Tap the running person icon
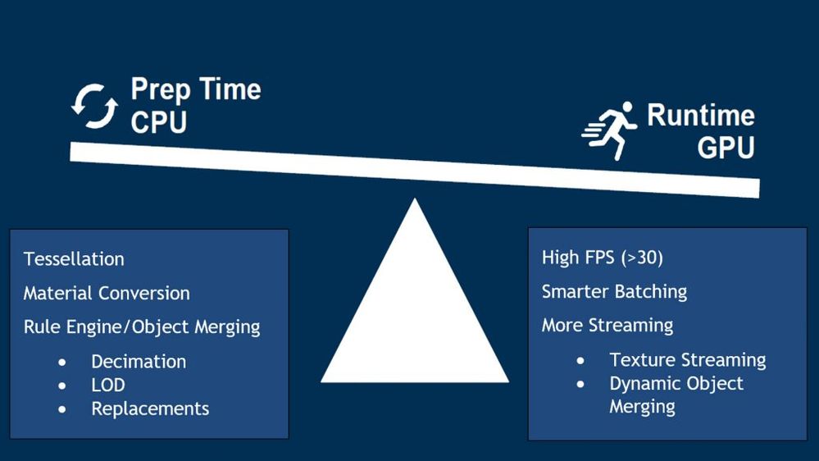610,130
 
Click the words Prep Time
196,89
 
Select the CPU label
159,122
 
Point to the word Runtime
701,115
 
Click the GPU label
726,147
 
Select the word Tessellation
74,259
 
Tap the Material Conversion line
107,293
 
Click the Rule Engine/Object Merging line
142,327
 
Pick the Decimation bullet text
139,362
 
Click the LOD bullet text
108,386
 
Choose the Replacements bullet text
150,409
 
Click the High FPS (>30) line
603,258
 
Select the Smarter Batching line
614,292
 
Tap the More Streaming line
607,326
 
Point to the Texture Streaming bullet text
687,360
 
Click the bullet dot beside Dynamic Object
580,384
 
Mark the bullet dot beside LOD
62,386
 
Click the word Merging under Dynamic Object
642,407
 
